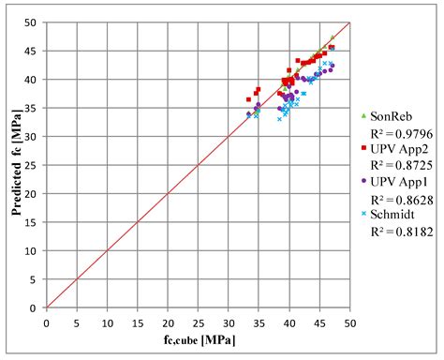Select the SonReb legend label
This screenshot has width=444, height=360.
pos(391,116)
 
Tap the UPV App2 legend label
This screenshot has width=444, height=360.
pos(397,148)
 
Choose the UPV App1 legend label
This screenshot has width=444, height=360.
pos(397,180)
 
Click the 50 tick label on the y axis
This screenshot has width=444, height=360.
pos(33,22)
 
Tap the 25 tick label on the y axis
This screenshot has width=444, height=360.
pos(33,165)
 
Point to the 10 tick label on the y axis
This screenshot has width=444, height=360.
pos(33,251)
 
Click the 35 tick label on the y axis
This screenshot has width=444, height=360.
pos(33,108)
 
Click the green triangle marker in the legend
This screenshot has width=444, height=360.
pos(363,116)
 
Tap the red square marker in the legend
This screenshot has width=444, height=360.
pos(363,148)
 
